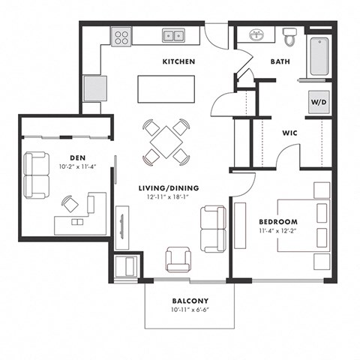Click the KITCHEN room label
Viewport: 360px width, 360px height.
pyautogui.click(x=180, y=61)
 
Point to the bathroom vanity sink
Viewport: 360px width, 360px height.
pyautogui.click(x=256, y=35)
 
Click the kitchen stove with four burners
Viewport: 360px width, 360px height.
pyautogui.click(x=121, y=36)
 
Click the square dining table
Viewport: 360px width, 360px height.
pyautogui.click(x=164, y=140)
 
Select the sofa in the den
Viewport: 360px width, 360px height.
pyautogui.click(x=37, y=174)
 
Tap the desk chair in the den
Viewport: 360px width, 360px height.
pyautogui.click(x=70, y=203)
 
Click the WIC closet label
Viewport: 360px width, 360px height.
pyautogui.click(x=291, y=133)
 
